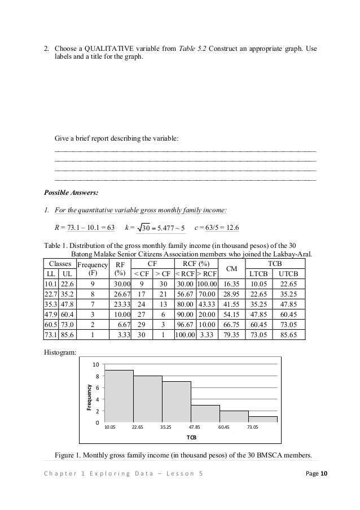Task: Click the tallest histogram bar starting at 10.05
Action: (x=118, y=396)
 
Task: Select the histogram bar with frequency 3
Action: (x=205, y=414)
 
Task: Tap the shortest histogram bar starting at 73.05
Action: (x=263, y=420)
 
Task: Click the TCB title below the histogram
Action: (x=191, y=438)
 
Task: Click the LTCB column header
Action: (x=258, y=274)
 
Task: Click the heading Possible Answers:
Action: (x=72, y=193)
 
